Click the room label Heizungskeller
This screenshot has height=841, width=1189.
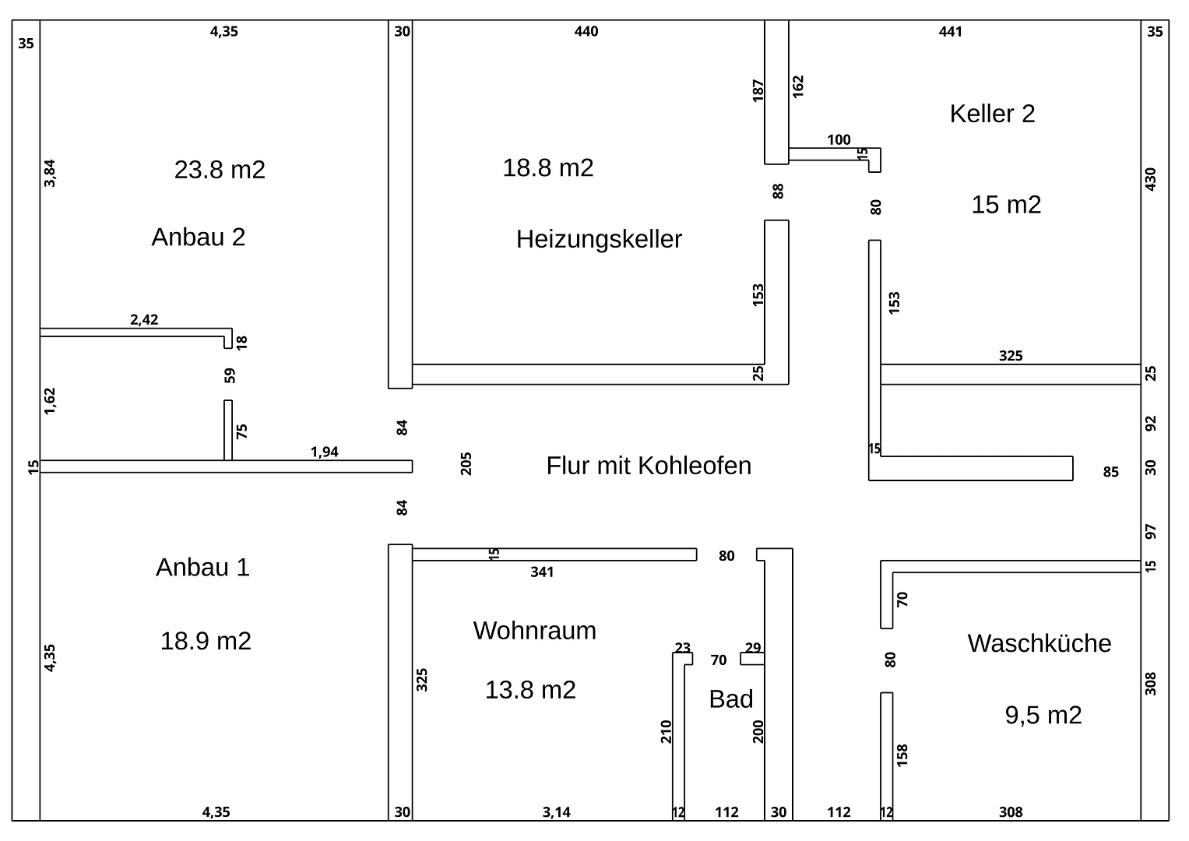pyautogui.click(x=599, y=239)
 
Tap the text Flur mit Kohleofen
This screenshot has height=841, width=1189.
pyautogui.click(x=649, y=466)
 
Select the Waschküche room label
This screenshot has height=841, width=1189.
pyautogui.click(x=1039, y=643)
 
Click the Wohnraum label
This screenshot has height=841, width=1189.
pyautogui.click(x=534, y=630)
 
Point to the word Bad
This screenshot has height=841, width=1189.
pyautogui.click(x=730, y=699)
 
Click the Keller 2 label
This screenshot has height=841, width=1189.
pyautogui.click(x=992, y=114)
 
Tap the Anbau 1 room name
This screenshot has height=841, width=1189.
pyautogui.click(x=202, y=567)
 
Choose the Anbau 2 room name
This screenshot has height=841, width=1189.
pyautogui.click(x=199, y=237)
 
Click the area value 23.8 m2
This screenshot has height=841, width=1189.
pyautogui.click(x=220, y=169)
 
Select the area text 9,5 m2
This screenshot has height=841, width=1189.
pyautogui.click(x=1043, y=715)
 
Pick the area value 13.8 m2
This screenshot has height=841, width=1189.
pyautogui.click(x=530, y=690)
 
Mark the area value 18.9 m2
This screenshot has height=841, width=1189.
pyautogui.click(x=206, y=641)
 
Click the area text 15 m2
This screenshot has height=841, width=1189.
pyautogui.click(x=1006, y=205)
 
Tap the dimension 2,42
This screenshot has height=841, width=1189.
pyautogui.click(x=144, y=319)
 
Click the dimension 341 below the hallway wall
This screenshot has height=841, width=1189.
pyautogui.click(x=542, y=572)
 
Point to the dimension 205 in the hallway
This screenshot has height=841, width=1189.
pyautogui.click(x=467, y=464)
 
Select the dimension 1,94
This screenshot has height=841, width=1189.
pyautogui.click(x=325, y=452)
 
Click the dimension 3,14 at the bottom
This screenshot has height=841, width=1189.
pyautogui.click(x=557, y=812)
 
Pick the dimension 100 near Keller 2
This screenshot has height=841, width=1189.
pyautogui.click(x=839, y=140)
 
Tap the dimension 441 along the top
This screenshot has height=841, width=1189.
pyautogui.click(x=951, y=32)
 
